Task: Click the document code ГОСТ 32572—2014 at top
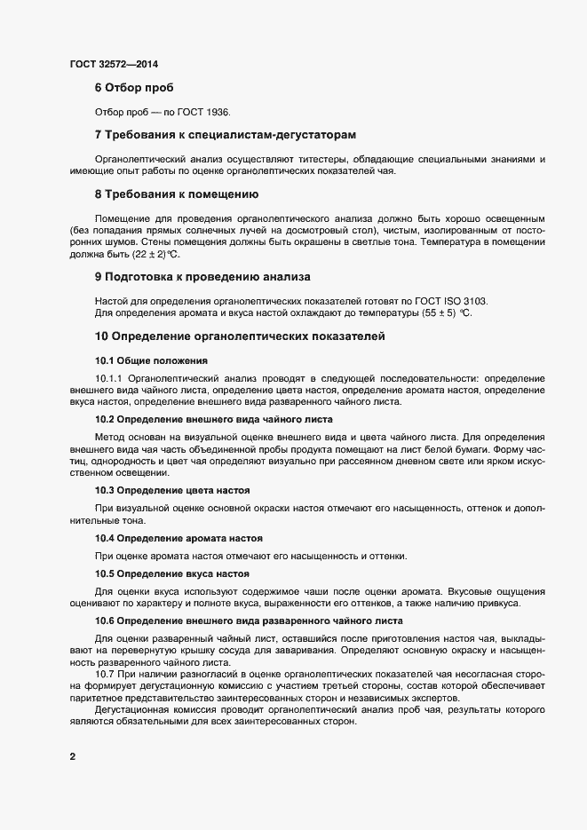pyautogui.click(x=114, y=64)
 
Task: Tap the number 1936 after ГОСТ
pyautogui.click(x=216, y=113)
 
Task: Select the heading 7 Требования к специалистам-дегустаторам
pyautogui.click(x=225, y=135)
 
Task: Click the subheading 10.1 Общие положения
pyautogui.click(x=151, y=360)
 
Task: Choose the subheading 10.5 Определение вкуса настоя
pyautogui.click(x=171, y=573)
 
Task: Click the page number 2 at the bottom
pyautogui.click(x=72, y=757)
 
